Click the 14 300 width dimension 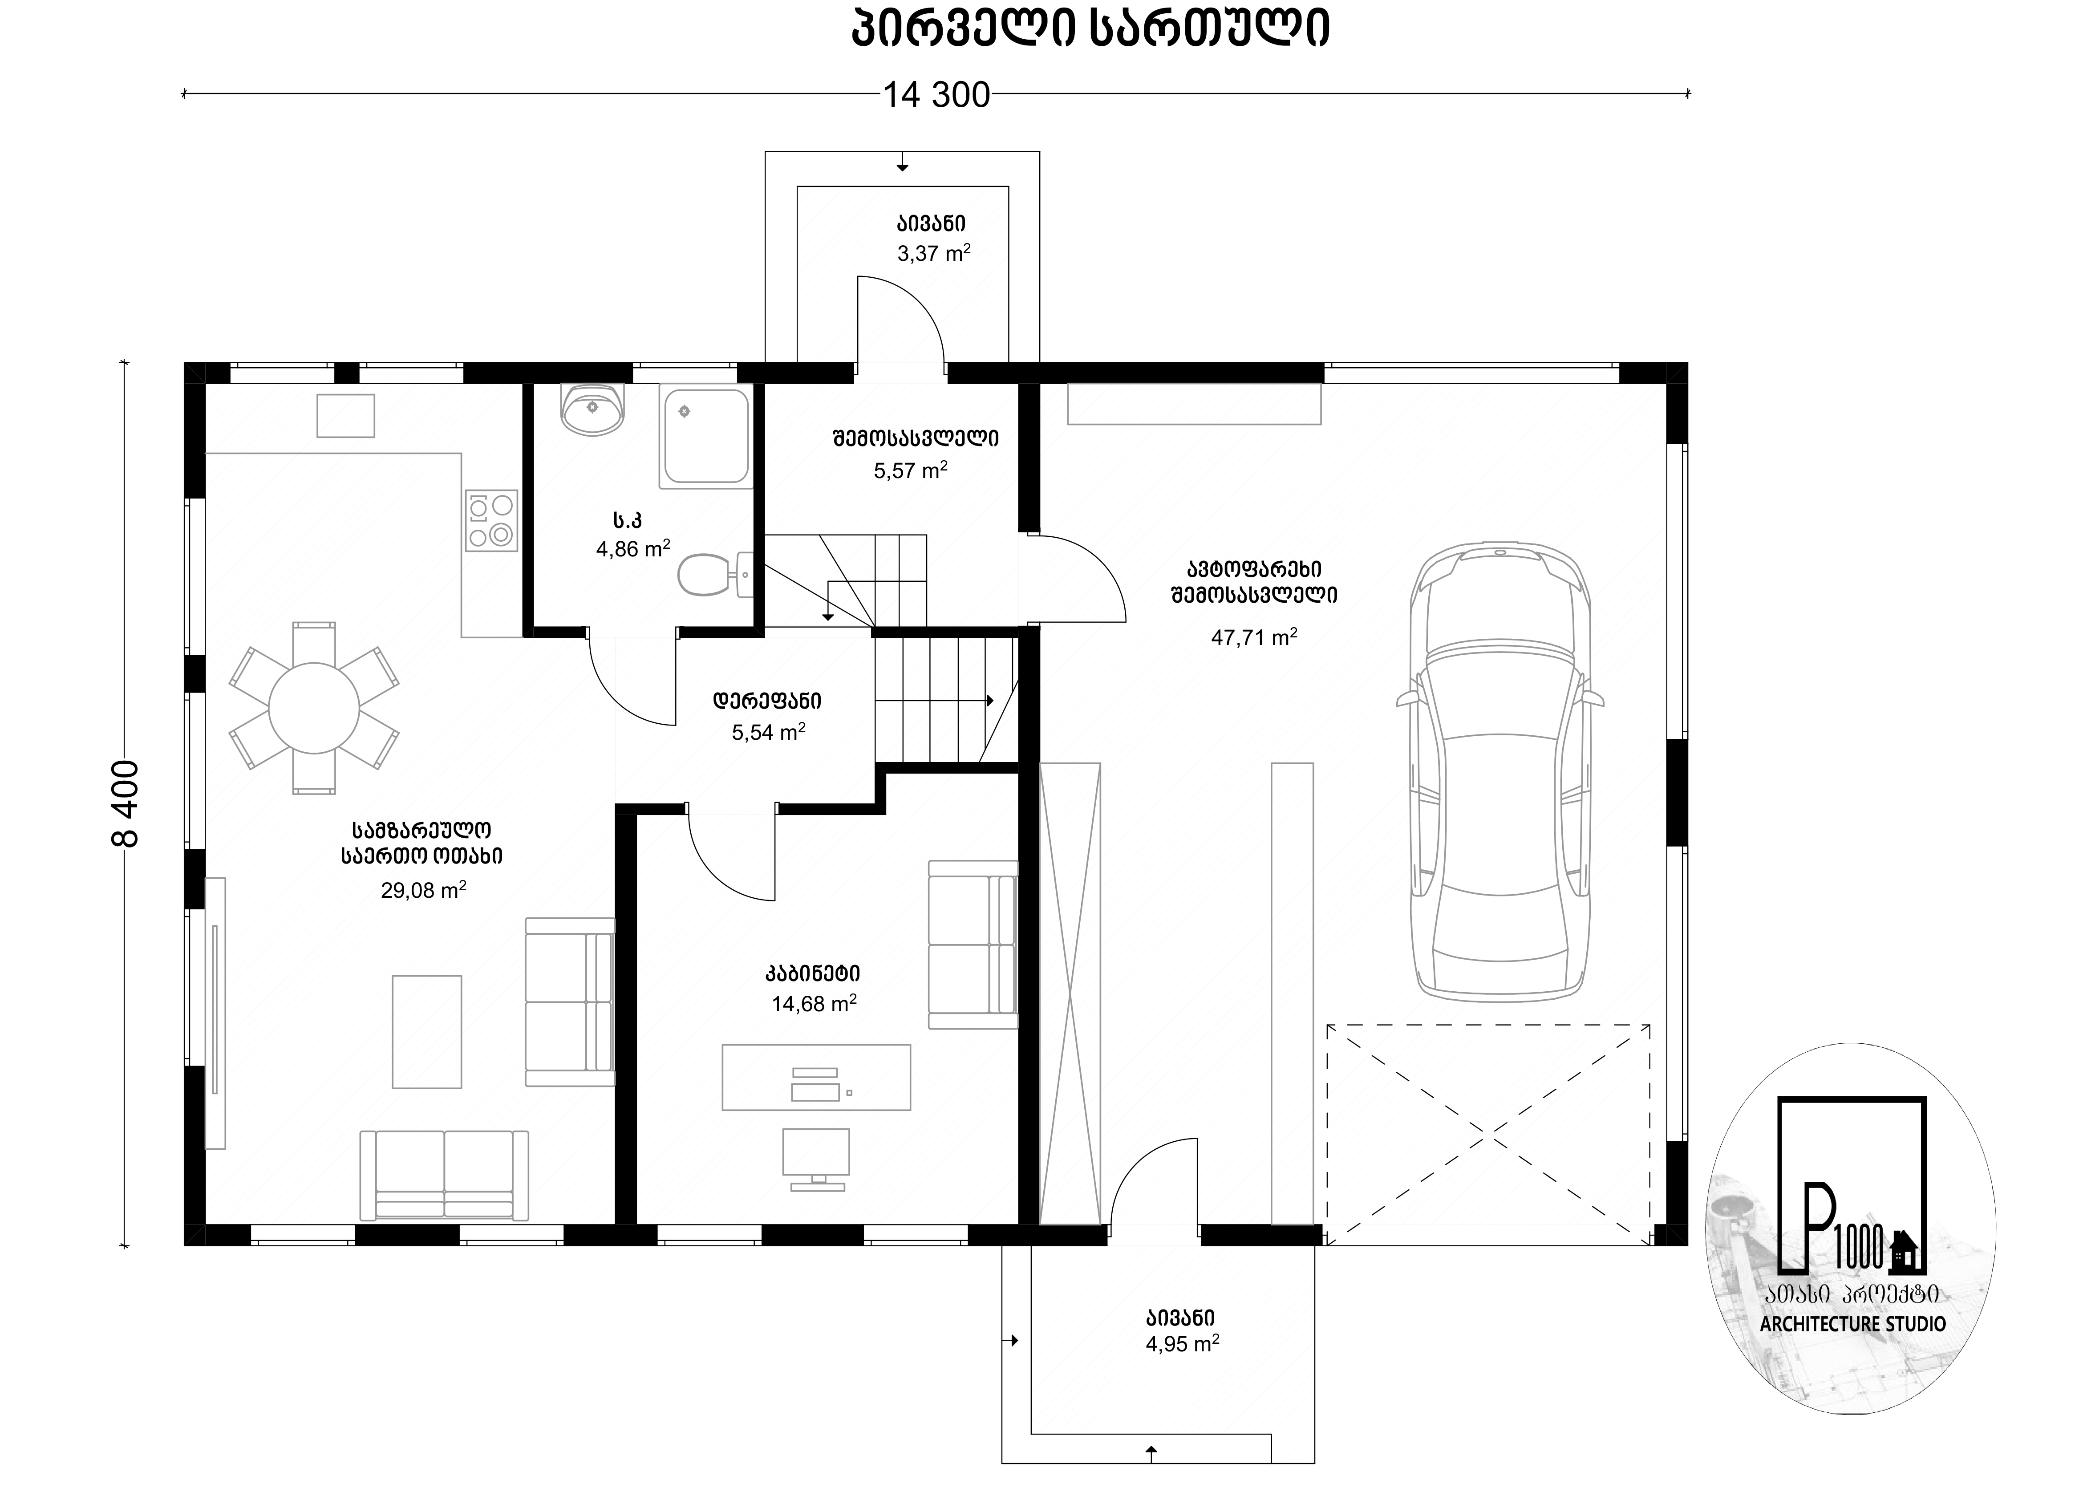coord(936,94)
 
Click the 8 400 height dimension coord(126,803)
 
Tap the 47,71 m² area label coord(1253,637)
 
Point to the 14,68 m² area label coord(814,1003)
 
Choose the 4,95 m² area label coord(1182,1343)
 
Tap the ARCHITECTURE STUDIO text coord(1853,1324)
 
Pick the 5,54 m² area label coord(769,731)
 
